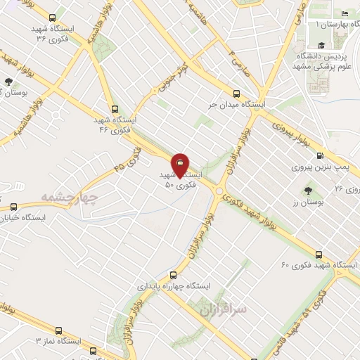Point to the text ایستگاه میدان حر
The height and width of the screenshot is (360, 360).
pos(236,104)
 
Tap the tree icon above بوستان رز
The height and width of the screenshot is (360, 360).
pos(307,191)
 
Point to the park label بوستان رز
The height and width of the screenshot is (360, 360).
pos(307,202)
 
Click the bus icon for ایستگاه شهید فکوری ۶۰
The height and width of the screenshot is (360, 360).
pos(319,254)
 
